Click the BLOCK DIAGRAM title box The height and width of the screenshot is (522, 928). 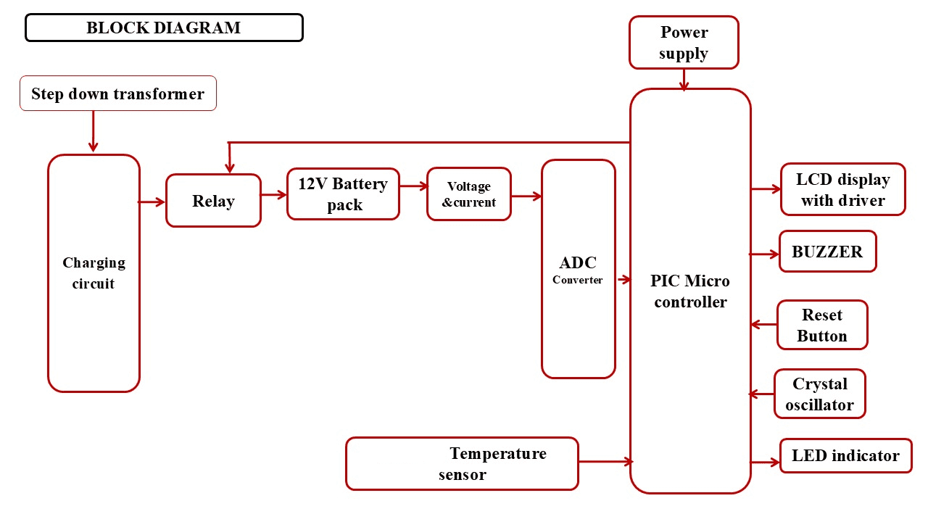(x=164, y=28)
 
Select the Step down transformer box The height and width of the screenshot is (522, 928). (x=118, y=94)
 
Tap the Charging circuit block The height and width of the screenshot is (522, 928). (x=94, y=273)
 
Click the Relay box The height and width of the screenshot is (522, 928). (x=213, y=201)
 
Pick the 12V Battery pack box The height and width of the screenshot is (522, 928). (x=343, y=194)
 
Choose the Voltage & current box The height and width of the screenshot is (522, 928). (x=469, y=194)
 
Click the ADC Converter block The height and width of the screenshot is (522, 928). (x=578, y=269)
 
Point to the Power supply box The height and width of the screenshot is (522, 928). (x=684, y=43)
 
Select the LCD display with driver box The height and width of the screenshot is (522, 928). (x=842, y=189)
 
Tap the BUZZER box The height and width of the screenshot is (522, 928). (x=827, y=252)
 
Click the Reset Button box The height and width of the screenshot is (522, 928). (x=822, y=325)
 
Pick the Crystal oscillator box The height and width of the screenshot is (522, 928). (x=819, y=394)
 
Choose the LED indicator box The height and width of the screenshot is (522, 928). (x=845, y=456)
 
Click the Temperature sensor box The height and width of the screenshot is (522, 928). (x=462, y=463)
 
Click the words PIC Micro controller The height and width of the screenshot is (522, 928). (x=690, y=291)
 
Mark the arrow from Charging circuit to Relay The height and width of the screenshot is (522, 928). (x=152, y=202)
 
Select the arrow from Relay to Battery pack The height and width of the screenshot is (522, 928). (x=273, y=194)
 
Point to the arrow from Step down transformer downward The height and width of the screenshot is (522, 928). (x=93, y=132)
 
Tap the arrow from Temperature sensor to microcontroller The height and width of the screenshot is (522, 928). (x=605, y=461)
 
